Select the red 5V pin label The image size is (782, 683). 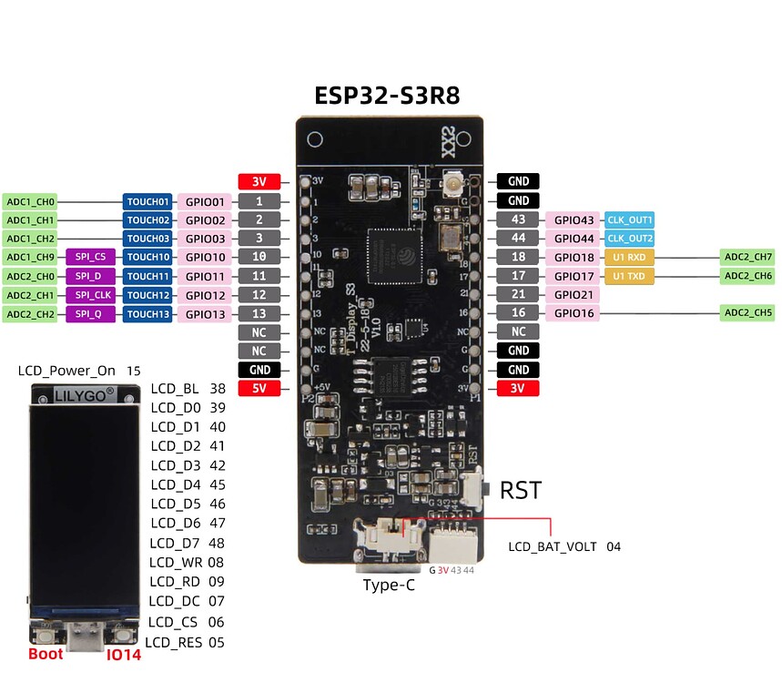(259, 389)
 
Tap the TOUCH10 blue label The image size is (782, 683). (147, 258)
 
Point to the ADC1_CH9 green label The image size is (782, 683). (30, 258)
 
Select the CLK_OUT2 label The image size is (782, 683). (630, 239)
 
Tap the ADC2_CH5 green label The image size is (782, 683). (748, 313)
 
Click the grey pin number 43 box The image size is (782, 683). (518, 219)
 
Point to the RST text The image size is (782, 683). (521, 491)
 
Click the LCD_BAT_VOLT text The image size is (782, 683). (553, 546)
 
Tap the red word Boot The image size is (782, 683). (46, 654)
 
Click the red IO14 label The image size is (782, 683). (124, 655)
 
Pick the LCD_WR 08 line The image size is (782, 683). (187, 562)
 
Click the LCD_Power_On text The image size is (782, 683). (67, 371)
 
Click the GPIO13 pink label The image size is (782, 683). (206, 313)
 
